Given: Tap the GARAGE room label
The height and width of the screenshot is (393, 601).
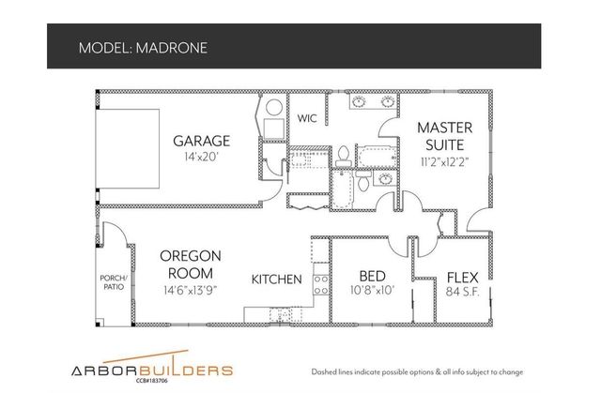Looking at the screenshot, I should coord(202,142).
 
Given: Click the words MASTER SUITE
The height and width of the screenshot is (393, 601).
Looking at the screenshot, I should coord(444,135).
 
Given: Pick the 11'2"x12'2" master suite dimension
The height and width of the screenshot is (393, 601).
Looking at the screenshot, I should coord(444,161).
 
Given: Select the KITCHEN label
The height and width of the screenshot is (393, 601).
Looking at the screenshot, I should coord(276,280).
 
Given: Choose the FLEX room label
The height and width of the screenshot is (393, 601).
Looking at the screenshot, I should coord(464,277).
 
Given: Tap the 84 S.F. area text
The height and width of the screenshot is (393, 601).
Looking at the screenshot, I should coord(464,291).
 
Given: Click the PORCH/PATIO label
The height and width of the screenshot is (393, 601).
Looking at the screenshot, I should coord(114,284).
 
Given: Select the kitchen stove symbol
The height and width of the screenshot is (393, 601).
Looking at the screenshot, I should coord(320,279).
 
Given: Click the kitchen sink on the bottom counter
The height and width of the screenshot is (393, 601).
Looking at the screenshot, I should coord(278,313).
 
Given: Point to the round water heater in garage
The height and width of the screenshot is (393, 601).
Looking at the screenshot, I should coord(270,107).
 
